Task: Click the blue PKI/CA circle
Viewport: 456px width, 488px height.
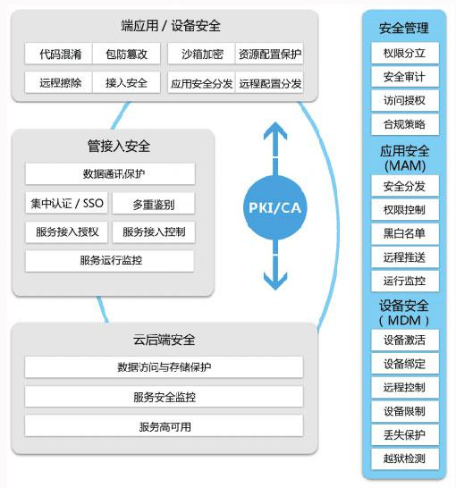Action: point(275,207)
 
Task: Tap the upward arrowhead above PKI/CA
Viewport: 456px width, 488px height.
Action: point(275,130)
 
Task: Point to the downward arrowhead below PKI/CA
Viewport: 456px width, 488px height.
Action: point(275,281)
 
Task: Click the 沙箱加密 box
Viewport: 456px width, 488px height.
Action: point(201,54)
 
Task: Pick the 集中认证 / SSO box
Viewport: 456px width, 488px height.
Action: point(66,203)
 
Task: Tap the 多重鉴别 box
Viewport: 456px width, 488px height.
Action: point(154,203)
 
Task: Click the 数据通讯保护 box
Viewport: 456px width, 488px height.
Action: point(110,173)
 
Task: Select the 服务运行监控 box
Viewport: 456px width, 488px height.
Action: point(110,260)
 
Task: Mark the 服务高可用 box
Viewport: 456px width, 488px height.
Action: point(164,426)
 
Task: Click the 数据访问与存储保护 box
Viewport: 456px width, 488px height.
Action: point(164,367)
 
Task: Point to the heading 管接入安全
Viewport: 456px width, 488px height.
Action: point(119,146)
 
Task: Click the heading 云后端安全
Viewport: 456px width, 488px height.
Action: point(164,340)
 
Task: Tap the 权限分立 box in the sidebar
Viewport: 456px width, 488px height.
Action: point(405,54)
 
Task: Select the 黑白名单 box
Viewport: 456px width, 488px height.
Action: point(405,233)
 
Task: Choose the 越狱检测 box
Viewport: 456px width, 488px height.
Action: point(405,459)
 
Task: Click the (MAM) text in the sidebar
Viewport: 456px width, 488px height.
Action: point(405,165)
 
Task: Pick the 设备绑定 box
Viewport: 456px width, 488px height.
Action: point(405,364)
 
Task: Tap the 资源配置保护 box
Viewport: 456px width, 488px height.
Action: point(269,54)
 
